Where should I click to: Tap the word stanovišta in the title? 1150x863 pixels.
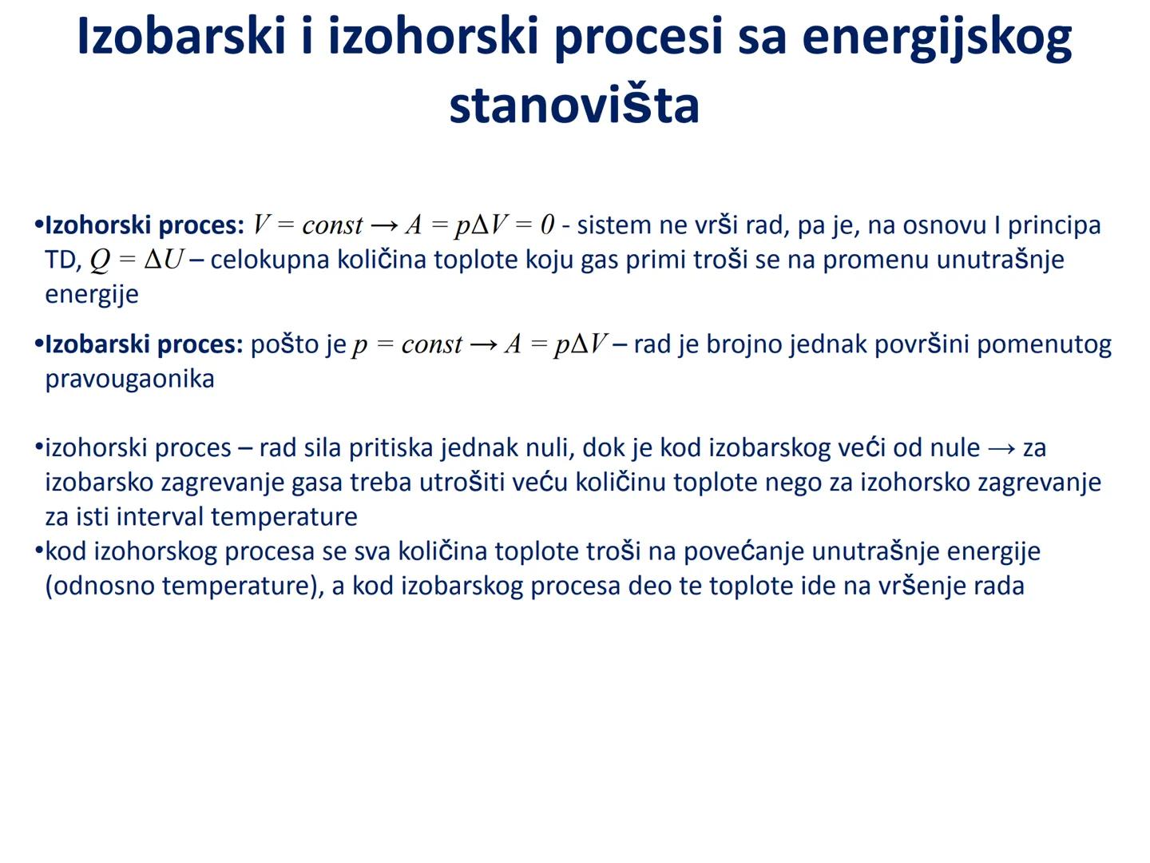click(x=574, y=105)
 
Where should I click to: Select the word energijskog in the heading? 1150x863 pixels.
click(x=936, y=38)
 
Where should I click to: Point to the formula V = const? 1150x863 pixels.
click(x=307, y=225)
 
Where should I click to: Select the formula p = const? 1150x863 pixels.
click(x=407, y=344)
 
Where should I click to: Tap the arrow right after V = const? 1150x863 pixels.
click(x=384, y=225)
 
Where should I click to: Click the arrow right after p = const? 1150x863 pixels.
click(x=483, y=344)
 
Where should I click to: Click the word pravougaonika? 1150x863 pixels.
click(x=129, y=379)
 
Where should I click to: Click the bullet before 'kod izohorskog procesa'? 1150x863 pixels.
click(x=38, y=551)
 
